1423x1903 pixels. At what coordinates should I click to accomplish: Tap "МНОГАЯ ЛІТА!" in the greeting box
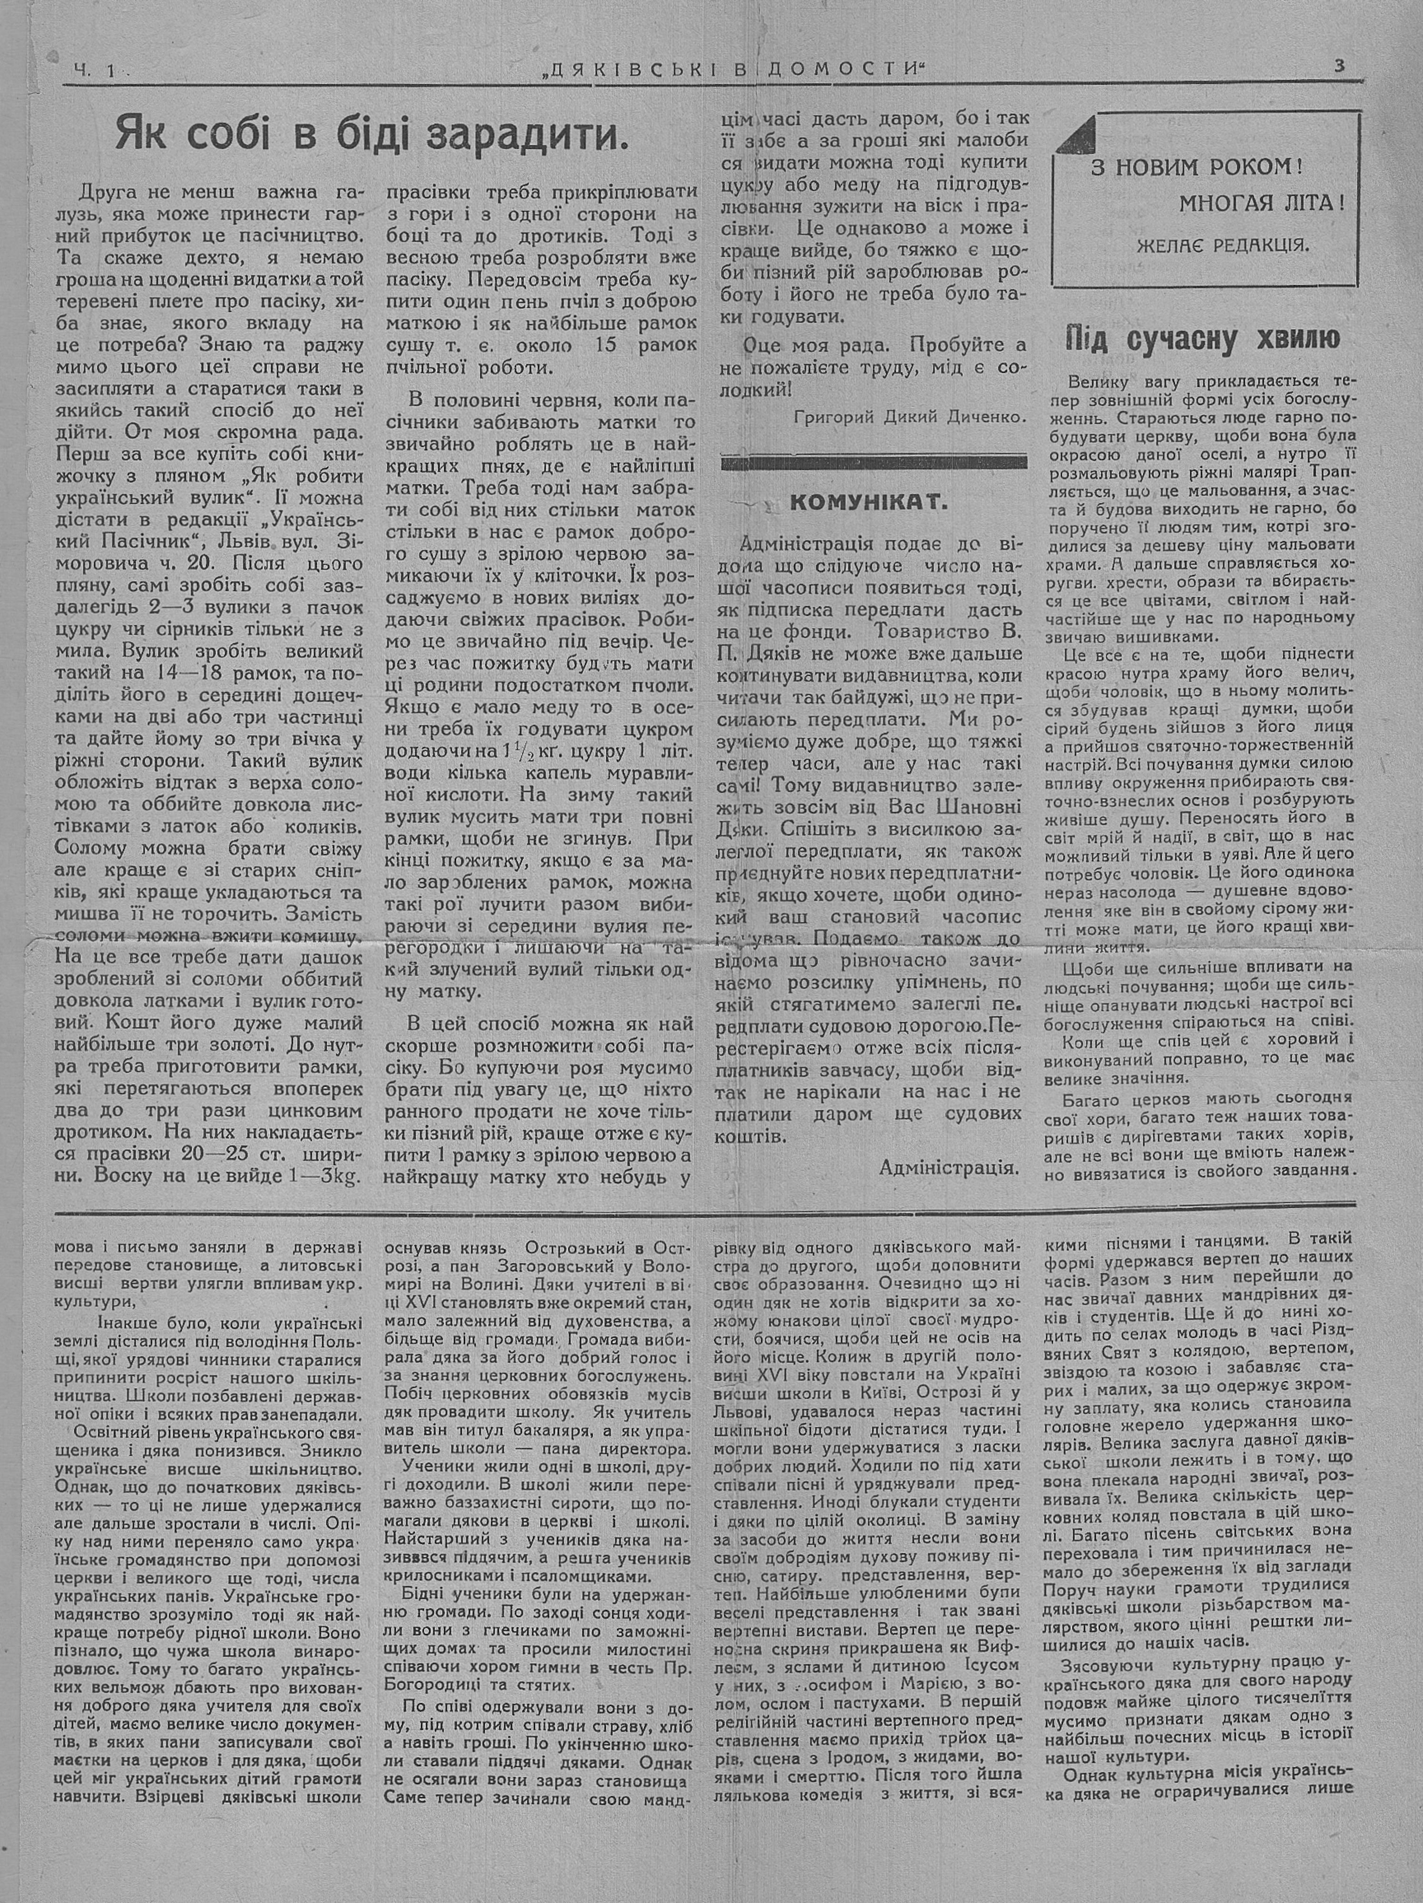click(1261, 205)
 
